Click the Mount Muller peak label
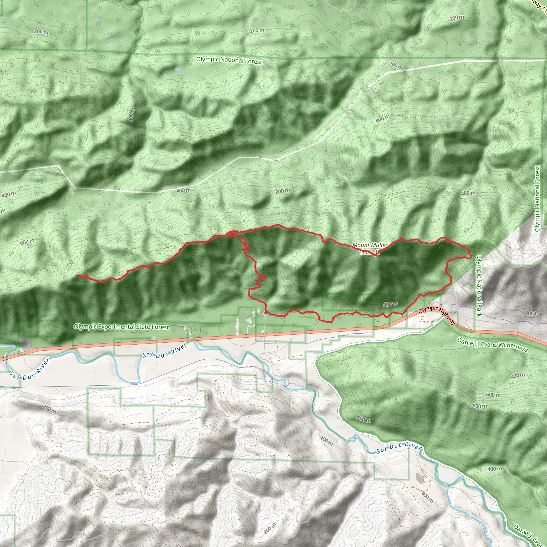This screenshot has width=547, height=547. (369, 245)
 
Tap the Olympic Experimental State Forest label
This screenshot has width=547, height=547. (121, 327)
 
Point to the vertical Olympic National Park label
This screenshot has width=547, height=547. (479, 286)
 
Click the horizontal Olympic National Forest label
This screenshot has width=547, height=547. (229, 60)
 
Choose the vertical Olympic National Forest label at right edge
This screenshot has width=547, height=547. (537, 198)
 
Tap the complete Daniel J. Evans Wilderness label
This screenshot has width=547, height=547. (492, 345)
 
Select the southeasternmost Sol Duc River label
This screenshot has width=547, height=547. (399, 447)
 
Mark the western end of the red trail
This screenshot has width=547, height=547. (77, 275)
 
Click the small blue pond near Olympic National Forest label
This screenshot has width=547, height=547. (178, 69)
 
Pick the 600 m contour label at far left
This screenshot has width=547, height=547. (27, 242)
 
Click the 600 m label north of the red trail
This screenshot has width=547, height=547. (283, 191)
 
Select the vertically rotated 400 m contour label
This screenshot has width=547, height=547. (132, 115)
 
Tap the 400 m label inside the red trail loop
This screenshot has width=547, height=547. (390, 304)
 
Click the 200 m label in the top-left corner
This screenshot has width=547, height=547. (41, 32)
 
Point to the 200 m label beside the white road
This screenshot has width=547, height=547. (396, 66)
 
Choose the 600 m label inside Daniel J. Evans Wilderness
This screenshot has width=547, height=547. (493, 395)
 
